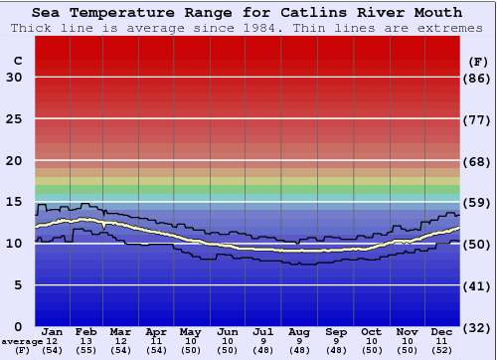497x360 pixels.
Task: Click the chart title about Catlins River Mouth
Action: (x=247, y=13)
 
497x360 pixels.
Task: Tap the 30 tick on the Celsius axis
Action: (x=14, y=78)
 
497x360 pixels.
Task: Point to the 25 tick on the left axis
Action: (x=14, y=118)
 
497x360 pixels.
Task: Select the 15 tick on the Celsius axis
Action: (x=14, y=202)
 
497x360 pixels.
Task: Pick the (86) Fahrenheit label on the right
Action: (x=477, y=78)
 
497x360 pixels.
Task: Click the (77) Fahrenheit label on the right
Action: (x=477, y=119)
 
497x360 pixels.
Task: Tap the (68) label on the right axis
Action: (x=477, y=161)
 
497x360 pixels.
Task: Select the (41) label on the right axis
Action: (x=477, y=285)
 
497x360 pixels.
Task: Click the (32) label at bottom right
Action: (x=477, y=327)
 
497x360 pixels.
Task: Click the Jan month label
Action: (x=53, y=331)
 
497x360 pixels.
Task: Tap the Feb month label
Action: (x=86, y=331)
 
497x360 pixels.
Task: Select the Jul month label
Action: (x=262, y=331)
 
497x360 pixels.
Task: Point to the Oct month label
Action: (x=371, y=331)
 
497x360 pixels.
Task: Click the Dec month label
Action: (x=441, y=331)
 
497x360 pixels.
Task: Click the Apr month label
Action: (x=155, y=331)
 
